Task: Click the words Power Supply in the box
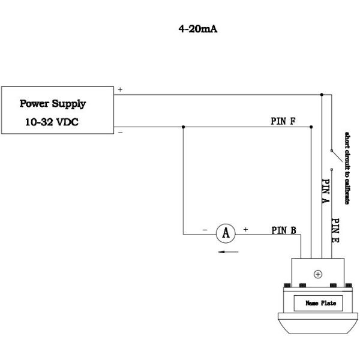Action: click(x=52, y=103)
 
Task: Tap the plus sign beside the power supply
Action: click(x=120, y=89)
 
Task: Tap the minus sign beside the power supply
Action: click(x=120, y=131)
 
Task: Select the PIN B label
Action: click(x=283, y=229)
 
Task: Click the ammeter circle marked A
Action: click(x=226, y=233)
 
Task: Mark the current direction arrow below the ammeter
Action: click(x=226, y=252)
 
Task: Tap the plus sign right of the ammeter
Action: click(x=245, y=229)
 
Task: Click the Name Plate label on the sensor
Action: click(x=321, y=303)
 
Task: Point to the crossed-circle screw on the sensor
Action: click(x=317, y=274)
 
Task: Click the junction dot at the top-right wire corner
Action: click(x=322, y=94)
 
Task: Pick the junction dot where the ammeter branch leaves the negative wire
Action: click(x=183, y=127)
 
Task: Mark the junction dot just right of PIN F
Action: click(x=311, y=127)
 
